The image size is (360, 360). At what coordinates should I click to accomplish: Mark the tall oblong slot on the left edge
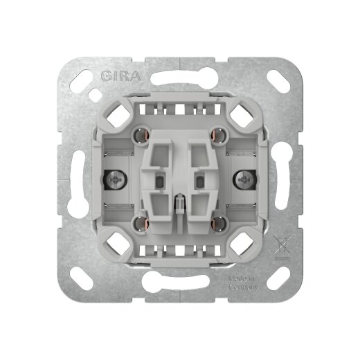point(75,179)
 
